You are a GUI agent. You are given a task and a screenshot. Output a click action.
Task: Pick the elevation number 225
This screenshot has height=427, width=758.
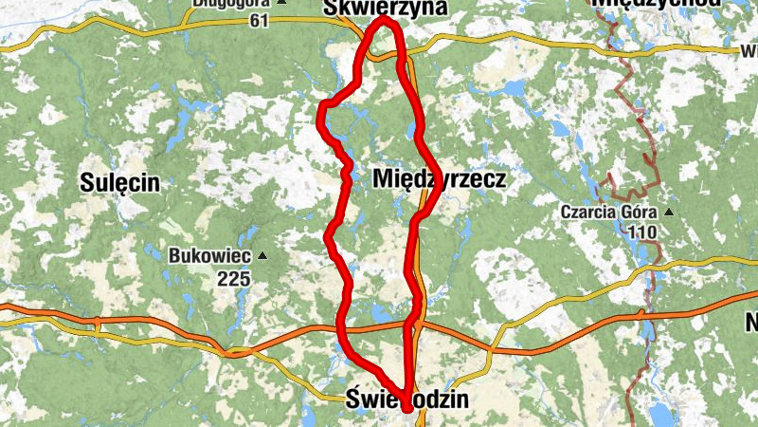click(x=232, y=278)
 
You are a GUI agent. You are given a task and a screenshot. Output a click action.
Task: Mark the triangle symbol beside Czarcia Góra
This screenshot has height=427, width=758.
click(x=669, y=211)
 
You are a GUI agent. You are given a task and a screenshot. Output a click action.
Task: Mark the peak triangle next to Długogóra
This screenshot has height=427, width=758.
click(x=311, y=3)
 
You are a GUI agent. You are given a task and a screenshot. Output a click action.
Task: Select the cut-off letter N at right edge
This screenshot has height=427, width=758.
click(x=751, y=323)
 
